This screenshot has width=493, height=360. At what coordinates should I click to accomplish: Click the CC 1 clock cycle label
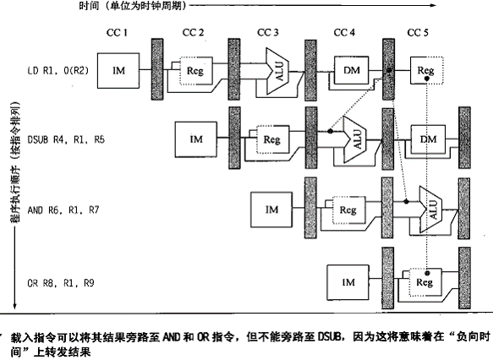(x=117, y=32)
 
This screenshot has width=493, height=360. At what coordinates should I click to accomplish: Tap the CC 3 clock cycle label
(x=268, y=32)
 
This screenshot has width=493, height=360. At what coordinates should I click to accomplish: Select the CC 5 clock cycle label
(x=418, y=32)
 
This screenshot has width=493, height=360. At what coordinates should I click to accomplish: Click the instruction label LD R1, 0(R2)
(x=58, y=70)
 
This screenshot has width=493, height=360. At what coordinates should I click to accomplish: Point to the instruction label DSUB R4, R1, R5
(x=66, y=139)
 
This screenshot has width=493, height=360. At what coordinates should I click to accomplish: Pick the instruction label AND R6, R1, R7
(x=63, y=210)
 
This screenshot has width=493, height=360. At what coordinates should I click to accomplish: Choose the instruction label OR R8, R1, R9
(x=61, y=283)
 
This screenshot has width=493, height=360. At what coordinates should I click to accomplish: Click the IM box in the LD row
(x=118, y=71)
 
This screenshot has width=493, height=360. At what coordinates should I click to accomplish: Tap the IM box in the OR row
(x=348, y=282)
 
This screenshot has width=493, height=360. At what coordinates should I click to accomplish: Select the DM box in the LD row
(x=351, y=70)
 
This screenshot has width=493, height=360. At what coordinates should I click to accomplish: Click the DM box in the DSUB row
(x=428, y=139)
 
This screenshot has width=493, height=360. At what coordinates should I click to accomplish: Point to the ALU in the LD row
(x=277, y=71)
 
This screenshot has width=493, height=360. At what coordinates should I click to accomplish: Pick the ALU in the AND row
(x=430, y=210)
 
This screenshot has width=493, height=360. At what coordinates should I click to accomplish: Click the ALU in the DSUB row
(x=354, y=139)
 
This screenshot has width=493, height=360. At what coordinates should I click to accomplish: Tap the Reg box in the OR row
(x=425, y=282)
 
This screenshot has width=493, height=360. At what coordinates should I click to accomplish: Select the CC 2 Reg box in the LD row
(x=196, y=71)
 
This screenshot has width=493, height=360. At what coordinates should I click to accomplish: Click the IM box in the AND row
(x=271, y=210)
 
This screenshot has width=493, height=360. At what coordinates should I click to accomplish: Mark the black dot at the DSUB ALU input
(x=330, y=131)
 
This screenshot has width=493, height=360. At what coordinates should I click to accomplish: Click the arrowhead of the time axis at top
(x=433, y=5)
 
